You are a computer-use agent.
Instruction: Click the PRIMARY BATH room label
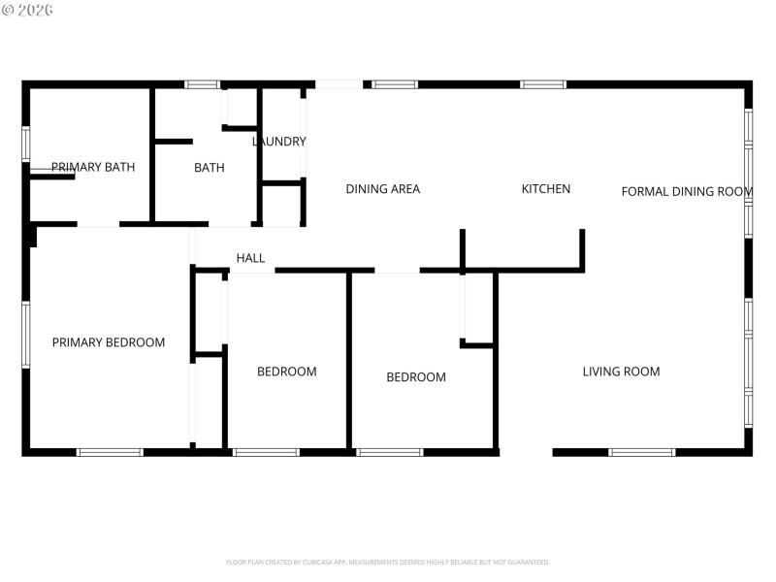point(93,167)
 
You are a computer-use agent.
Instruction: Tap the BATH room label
point(210,168)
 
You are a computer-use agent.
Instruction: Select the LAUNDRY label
point(279,142)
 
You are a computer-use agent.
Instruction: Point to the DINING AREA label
point(383,189)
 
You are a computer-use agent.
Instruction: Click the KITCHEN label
point(546,189)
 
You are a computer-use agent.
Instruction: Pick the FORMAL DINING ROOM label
point(687,191)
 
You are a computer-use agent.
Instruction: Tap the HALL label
point(250,258)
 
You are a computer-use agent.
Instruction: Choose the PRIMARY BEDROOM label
point(109,342)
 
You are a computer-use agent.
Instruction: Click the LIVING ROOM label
point(621,372)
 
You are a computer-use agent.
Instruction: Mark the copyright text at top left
point(28,10)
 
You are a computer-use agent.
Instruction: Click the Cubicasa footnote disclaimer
point(388,562)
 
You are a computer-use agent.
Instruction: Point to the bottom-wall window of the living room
point(642,452)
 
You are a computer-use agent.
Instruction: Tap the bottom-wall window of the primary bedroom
point(110,452)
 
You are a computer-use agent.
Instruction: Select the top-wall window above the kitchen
point(543,84)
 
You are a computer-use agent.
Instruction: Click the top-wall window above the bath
point(203,84)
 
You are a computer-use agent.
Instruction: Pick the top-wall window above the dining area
point(395,84)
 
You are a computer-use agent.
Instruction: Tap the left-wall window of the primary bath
point(26,143)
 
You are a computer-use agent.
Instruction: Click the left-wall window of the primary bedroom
point(26,335)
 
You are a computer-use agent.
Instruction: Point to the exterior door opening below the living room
point(526,452)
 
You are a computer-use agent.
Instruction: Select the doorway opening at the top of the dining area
point(339,84)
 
